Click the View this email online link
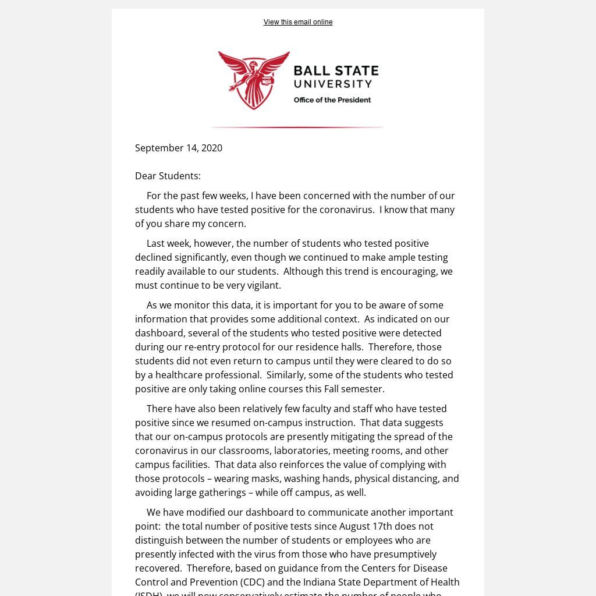point(297,22)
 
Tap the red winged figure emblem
point(254,80)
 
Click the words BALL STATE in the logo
point(336,71)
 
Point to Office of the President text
point(332,100)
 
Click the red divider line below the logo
point(297,127)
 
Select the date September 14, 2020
point(179,148)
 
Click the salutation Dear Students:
point(168,176)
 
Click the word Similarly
point(287,375)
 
